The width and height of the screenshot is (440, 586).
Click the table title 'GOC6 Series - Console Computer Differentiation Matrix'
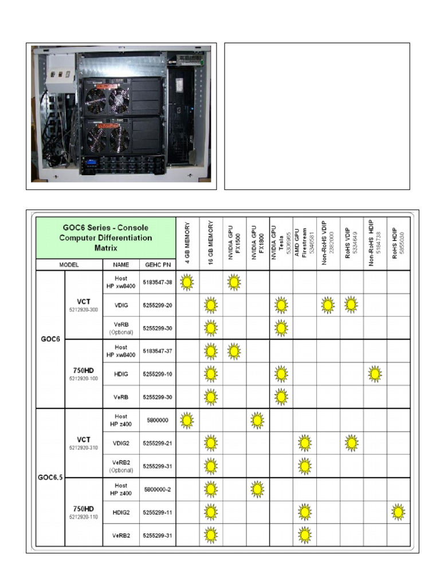(x=106, y=237)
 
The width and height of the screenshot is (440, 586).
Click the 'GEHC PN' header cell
(x=158, y=265)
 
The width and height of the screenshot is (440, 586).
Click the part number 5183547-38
(x=158, y=282)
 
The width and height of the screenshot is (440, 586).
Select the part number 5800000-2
(x=158, y=489)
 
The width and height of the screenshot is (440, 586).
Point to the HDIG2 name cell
(x=121, y=512)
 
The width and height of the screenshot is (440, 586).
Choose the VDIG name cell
(x=121, y=305)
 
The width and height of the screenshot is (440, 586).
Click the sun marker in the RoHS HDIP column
(x=399, y=512)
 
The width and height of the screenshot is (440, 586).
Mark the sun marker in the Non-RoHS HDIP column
(x=375, y=374)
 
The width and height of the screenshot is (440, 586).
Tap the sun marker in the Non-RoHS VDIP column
(x=328, y=305)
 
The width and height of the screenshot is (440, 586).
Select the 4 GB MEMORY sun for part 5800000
(x=187, y=421)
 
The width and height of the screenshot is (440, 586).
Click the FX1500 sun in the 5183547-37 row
(x=234, y=351)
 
